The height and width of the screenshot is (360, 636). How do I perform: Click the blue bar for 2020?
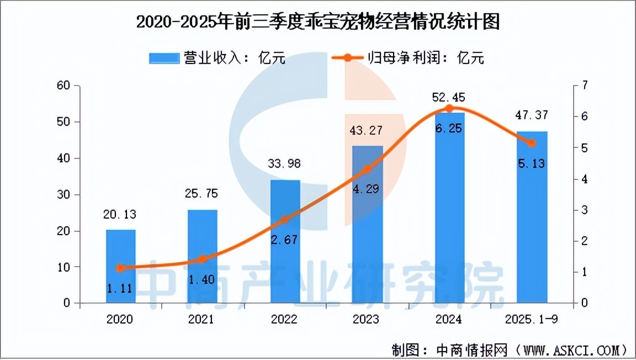coord(120,266)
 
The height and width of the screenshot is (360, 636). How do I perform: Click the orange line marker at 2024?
coord(449,108)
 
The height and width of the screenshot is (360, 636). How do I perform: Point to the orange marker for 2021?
coord(202,259)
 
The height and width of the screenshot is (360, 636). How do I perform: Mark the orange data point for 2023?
coord(367,170)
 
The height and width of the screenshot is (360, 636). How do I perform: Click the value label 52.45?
coord(448,98)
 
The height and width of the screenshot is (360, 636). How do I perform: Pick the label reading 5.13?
coord(532,163)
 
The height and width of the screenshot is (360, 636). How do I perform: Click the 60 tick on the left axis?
coord(65,86)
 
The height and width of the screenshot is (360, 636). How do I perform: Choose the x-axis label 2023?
coord(367,320)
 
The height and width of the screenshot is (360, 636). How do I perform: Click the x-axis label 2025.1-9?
coord(532,320)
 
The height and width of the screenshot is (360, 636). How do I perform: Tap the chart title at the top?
coord(317,23)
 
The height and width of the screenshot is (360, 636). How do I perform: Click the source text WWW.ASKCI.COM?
coord(573,350)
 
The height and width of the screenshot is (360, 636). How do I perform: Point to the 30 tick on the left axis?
coord(65,194)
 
